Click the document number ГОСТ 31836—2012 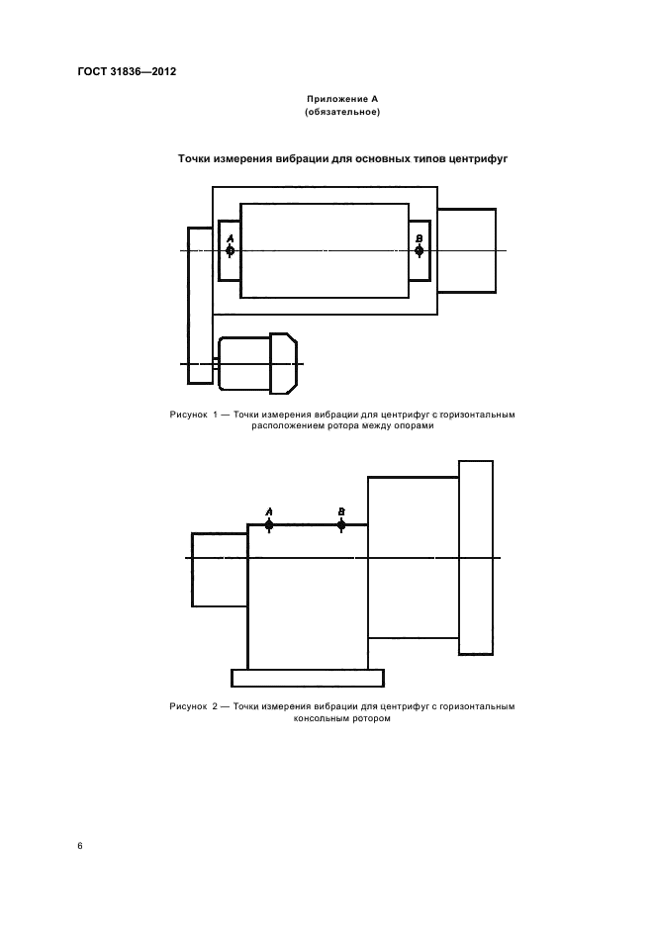coord(127,72)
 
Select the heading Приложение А coord(342,99)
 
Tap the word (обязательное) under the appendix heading coord(342,112)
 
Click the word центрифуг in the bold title coord(478,159)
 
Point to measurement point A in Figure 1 coord(231,251)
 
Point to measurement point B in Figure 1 coord(420,251)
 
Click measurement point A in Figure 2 coord(269,525)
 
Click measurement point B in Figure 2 coord(341,525)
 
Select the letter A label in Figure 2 coord(269,512)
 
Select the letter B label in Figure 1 coord(420,238)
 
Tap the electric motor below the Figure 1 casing coord(257,363)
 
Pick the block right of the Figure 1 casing coord(467,250)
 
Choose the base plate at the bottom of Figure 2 coord(308,678)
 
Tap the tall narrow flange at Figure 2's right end coord(476,558)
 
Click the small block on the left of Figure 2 coord(220,570)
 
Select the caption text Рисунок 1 coord(194,415)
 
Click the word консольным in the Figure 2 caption coord(321,718)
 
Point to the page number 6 coord(80,846)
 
